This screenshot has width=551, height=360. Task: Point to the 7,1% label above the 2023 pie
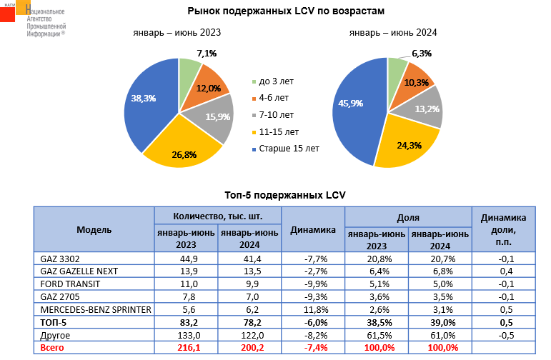(207, 54)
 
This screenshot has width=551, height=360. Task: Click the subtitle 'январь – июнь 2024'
(393, 33)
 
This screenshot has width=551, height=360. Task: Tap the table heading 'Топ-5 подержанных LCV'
(276, 195)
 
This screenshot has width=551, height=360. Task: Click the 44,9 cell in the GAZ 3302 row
(186, 258)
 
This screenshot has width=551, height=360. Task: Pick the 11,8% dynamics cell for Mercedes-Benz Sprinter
(313, 310)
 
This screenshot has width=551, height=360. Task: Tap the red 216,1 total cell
(186, 348)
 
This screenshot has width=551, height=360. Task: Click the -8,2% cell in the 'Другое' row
(313, 335)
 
